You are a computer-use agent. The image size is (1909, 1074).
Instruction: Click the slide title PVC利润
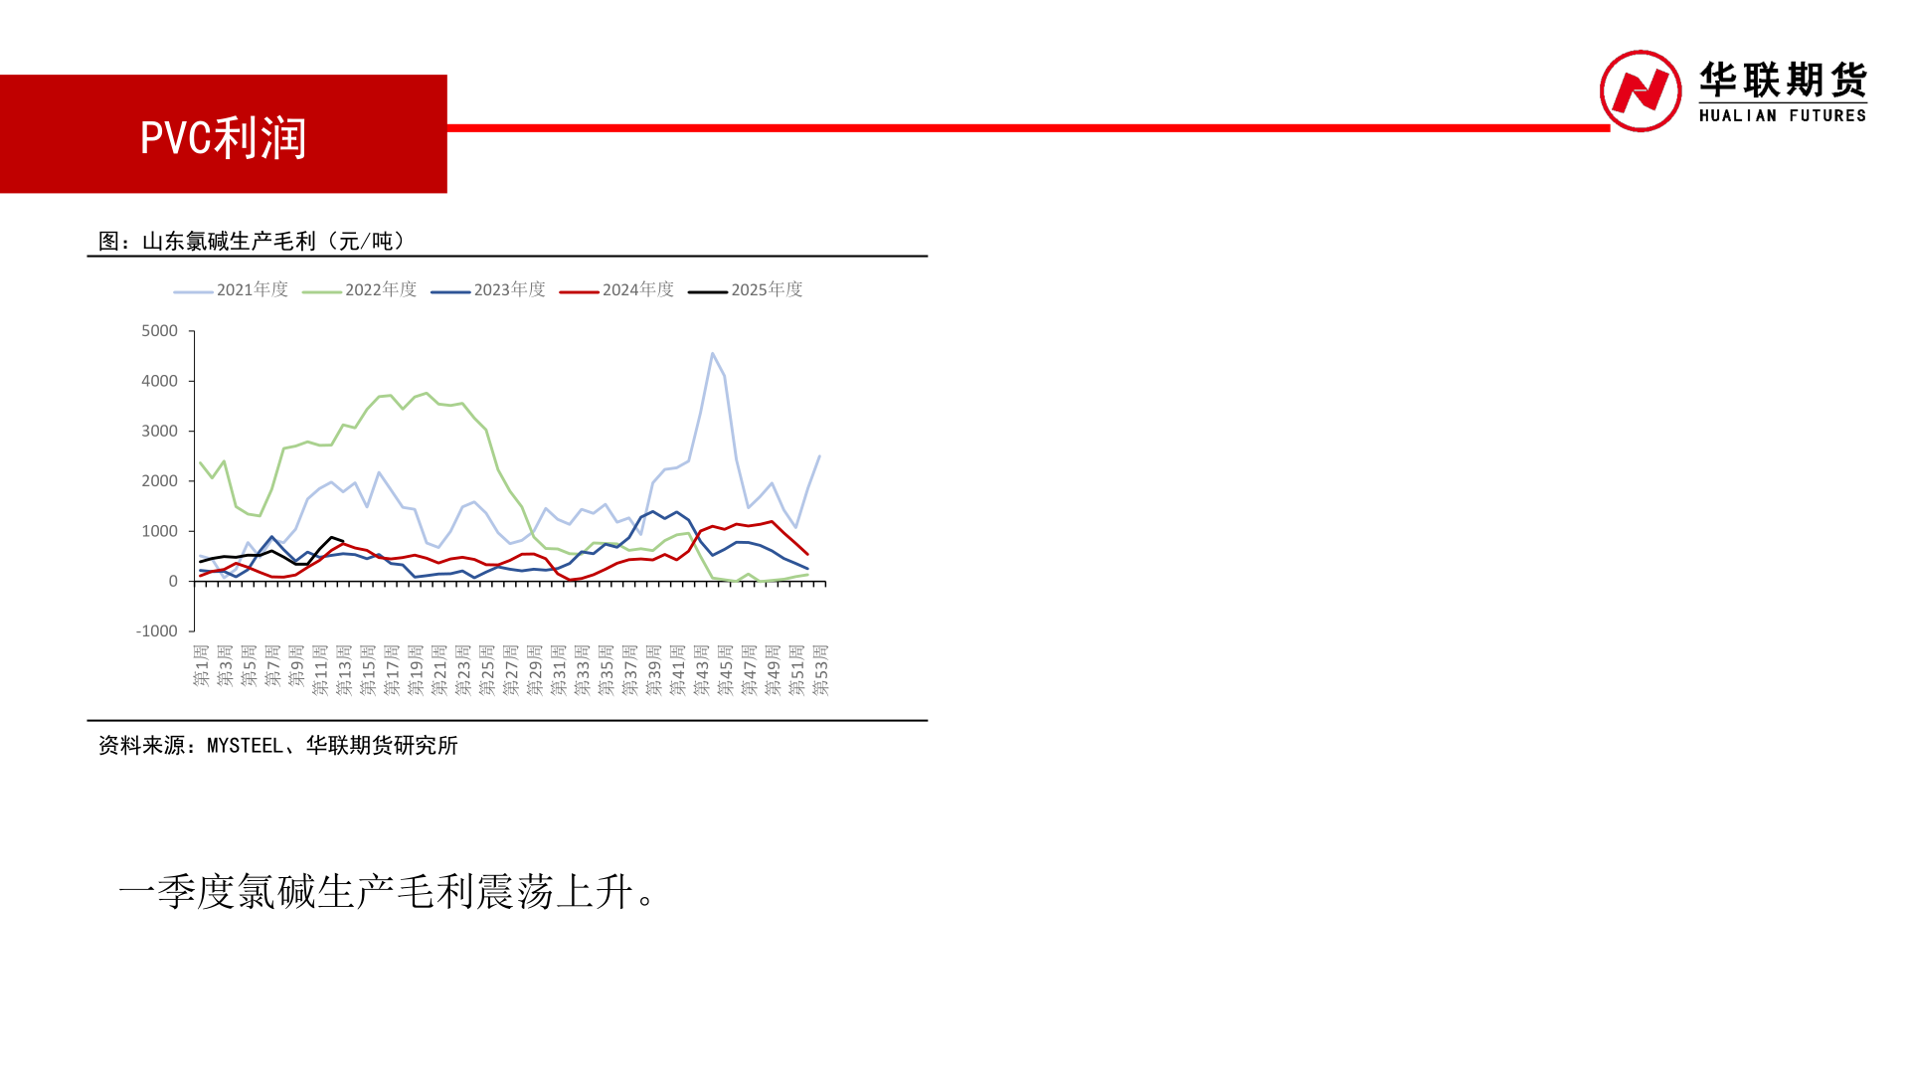[x=224, y=138]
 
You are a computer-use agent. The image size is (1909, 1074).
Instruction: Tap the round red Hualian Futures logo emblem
[x=1640, y=91]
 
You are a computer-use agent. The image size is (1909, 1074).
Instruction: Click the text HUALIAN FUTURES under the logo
[x=1782, y=115]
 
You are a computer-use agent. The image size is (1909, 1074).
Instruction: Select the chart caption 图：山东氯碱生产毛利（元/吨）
[x=253, y=242]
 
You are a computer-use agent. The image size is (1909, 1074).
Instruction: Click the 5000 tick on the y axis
[x=159, y=331]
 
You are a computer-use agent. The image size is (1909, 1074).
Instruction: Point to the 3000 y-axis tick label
[x=159, y=431]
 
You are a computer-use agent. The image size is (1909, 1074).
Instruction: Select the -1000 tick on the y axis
[x=156, y=631]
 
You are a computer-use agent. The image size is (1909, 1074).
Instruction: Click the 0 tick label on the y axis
[x=173, y=581]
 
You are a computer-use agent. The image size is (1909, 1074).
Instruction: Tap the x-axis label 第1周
[x=201, y=666]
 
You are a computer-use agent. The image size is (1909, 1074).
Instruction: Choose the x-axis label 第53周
[x=821, y=669]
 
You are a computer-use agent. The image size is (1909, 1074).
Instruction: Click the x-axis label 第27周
[x=511, y=669]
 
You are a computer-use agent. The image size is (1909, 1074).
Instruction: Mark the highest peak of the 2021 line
[x=713, y=354]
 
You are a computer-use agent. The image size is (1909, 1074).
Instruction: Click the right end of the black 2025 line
[x=343, y=541]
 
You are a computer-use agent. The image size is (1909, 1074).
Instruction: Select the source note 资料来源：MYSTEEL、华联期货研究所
[x=277, y=746]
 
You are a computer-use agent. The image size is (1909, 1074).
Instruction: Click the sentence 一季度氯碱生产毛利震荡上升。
[x=387, y=892]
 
